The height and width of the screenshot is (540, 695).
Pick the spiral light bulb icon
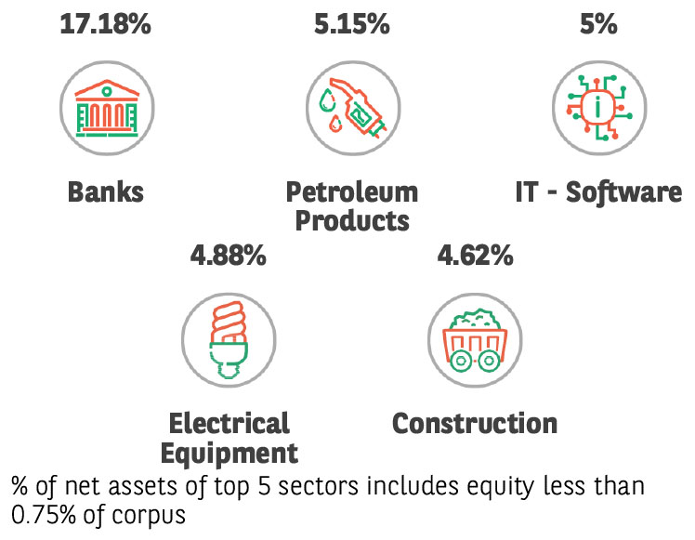tap(228, 336)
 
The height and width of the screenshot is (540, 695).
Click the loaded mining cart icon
tap(474, 336)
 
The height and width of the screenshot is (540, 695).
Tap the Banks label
tap(105, 192)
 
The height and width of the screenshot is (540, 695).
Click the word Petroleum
tap(351, 192)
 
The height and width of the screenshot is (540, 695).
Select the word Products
tap(351, 221)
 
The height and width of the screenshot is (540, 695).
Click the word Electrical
tap(229, 423)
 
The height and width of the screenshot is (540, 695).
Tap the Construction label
tap(474, 423)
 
